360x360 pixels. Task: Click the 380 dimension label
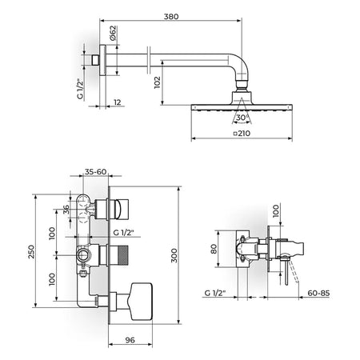[171, 17]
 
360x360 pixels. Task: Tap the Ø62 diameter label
[113, 33]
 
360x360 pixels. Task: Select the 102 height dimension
[158, 82]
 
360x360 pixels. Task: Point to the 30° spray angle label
[242, 118]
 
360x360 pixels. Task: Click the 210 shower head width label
[242, 133]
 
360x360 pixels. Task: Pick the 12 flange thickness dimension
[118, 102]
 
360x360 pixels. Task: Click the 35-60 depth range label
[96, 172]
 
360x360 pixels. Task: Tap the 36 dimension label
[66, 210]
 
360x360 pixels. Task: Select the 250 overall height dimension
[31, 251]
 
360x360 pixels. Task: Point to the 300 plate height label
[174, 255]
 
